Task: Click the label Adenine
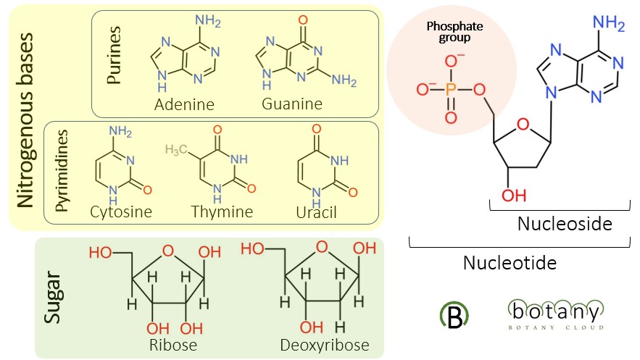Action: [x=184, y=104]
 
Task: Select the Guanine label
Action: [x=292, y=104]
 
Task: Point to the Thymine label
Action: [x=222, y=212]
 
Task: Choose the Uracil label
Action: [x=317, y=212]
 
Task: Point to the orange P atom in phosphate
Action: [x=450, y=90]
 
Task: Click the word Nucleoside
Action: [x=565, y=224]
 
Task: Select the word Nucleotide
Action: [x=510, y=262]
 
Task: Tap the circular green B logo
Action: [x=454, y=312]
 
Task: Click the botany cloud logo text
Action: [x=554, y=313]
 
